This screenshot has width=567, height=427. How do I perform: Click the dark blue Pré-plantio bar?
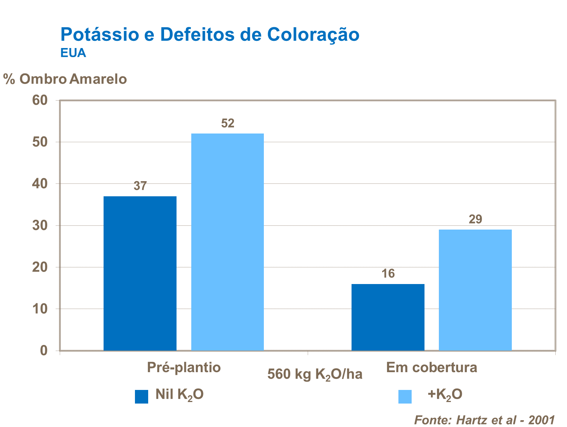pyautogui.click(x=140, y=273)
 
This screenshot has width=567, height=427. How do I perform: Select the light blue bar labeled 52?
pyautogui.click(x=228, y=242)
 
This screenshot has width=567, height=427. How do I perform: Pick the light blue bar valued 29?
pyautogui.click(x=475, y=290)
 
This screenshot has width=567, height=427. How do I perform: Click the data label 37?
pyautogui.click(x=140, y=186)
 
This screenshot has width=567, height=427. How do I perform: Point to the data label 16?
pyautogui.click(x=388, y=273)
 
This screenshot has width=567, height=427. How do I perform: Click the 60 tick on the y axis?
pyautogui.click(x=40, y=100)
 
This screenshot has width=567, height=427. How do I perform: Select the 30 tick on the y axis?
pyautogui.click(x=40, y=226)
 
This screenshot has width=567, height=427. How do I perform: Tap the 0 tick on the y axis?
pyautogui.click(x=44, y=351)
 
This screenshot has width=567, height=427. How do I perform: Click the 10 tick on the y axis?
pyautogui.click(x=40, y=309)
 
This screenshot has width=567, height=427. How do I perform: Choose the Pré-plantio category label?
pyautogui.click(x=184, y=367)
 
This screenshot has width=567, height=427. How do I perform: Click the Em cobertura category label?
pyautogui.click(x=431, y=367)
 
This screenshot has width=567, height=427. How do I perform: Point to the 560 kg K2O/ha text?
pyautogui.click(x=314, y=374)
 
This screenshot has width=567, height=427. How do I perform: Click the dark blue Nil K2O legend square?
pyautogui.click(x=141, y=396)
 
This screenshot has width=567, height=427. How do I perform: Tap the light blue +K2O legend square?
pyautogui.click(x=405, y=396)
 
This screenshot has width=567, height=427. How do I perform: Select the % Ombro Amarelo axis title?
pyautogui.click(x=65, y=79)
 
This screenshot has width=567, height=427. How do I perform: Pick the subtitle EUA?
pyautogui.click(x=73, y=53)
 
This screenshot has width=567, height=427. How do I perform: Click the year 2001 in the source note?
pyautogui.click(x=541, y=420)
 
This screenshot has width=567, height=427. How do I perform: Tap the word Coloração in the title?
pyautogui.click(x=313, y=34)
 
